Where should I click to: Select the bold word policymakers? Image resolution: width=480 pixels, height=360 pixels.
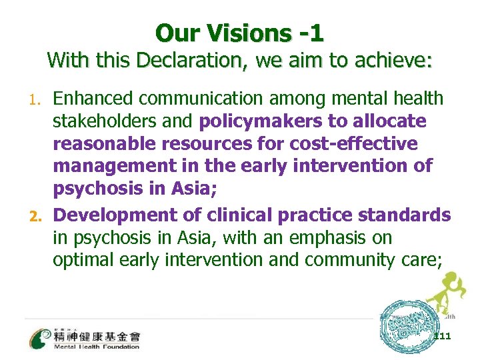253,122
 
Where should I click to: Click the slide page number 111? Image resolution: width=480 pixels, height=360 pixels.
442,336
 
